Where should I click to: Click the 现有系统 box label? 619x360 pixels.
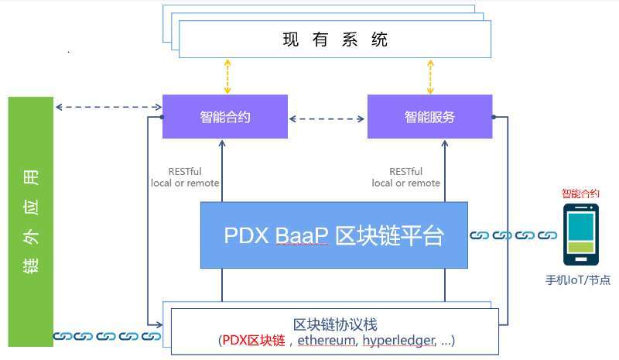335,39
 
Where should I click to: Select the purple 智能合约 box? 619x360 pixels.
225,117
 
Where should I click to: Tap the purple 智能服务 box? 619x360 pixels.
429,117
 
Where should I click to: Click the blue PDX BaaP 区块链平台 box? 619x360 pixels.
333,235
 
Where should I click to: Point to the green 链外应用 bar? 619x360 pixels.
31,221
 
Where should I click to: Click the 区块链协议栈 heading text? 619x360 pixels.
335,324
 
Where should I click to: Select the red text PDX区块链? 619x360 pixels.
253,341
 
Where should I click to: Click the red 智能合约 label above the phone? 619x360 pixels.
580,194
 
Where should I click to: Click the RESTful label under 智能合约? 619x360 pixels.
185,172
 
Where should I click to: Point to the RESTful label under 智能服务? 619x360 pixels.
406,172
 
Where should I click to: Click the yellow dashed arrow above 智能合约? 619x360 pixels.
227,77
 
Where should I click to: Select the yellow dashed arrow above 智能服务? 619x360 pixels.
430,77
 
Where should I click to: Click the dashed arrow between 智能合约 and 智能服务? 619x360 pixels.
327,118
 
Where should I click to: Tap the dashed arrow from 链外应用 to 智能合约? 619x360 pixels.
108,107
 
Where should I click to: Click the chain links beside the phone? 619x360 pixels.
515,235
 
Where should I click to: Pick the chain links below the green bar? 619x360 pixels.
108,337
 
